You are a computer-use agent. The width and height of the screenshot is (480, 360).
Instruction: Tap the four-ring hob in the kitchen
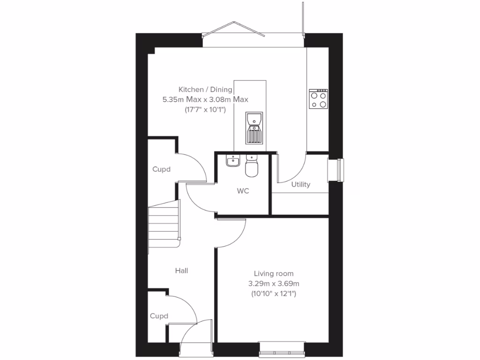pyautogui.click(x=318, y=99)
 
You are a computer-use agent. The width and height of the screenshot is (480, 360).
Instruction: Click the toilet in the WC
pyautogui.click(x=252, y=166)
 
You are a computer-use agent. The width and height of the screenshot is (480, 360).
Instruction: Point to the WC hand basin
pyautogui.click(x=232, y=161)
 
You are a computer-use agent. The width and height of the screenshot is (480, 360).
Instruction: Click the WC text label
pyautogui.click(x=242, y=191)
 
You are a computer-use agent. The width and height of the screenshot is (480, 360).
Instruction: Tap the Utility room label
pyautogui.click(x=300, y=185)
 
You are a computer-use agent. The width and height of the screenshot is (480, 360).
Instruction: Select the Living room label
pyautogui.click(x=274, y=273)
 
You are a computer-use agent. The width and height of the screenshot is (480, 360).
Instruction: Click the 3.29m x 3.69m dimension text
pyautogui.click(x=274, y=284)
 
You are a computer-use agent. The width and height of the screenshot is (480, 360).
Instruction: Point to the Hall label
pyautogui.click(x=181, y=270)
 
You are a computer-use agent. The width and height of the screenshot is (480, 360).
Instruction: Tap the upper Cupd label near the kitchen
pyautogui.click(x=161, y=169)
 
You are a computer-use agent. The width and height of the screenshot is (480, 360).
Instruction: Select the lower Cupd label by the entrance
pyautogui.click(x=159, y=316)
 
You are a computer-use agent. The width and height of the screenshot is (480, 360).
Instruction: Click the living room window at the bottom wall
pyautogui.click(x=282, y=350)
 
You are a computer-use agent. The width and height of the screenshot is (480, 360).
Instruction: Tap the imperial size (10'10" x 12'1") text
pyautogui.click(x=274, y=294)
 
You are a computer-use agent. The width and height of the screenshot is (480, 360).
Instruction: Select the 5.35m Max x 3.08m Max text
pyautogui.click(x=205, y=99)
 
